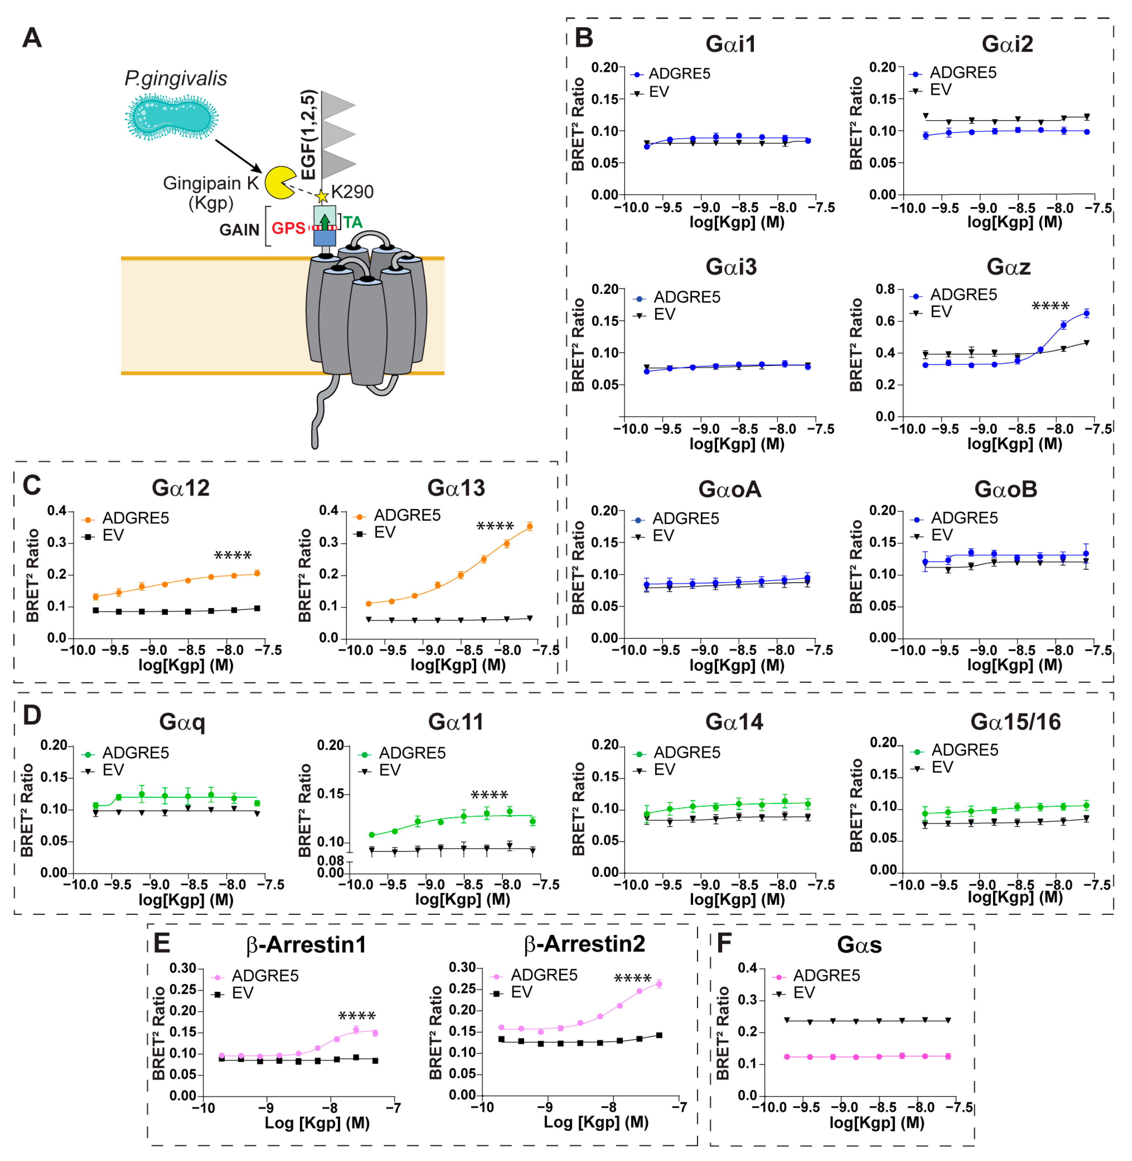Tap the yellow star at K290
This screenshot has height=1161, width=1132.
point(322,196)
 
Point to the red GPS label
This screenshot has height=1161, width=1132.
point(288,228)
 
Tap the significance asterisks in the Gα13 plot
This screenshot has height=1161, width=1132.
point(495,526)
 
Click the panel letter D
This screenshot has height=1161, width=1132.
point(31,715)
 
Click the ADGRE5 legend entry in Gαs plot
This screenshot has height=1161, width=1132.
point(826,976)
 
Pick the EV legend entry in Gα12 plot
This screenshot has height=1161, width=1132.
point(113,535)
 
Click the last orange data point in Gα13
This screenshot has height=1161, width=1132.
point(529,526)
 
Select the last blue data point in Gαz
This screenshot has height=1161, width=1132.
point(1086,313)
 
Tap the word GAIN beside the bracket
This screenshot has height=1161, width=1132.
point(239,230)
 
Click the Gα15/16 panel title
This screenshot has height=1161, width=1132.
point(1016,722)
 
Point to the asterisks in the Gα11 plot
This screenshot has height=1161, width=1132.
point(489,795)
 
